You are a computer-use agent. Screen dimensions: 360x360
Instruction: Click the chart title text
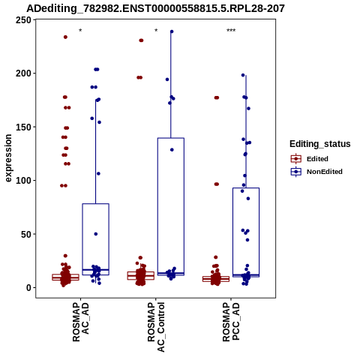155,8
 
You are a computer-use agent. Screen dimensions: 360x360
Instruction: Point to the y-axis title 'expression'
8,158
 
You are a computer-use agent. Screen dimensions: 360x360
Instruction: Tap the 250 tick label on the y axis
23,20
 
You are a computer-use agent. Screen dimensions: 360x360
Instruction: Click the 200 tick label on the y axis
23,73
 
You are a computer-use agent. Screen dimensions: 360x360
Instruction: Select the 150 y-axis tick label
23,127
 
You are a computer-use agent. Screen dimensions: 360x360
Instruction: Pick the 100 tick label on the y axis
23,181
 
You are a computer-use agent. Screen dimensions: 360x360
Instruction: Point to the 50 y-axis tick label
26,234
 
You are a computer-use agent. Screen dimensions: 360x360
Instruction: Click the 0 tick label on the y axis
29,288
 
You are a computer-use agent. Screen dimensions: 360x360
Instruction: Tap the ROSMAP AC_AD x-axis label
81,322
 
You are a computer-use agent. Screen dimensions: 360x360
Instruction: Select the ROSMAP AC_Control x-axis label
156,327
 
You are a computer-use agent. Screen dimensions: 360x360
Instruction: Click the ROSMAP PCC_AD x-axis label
231,322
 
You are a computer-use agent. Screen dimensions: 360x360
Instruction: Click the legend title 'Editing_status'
320,144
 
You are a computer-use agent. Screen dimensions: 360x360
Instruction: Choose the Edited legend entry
310,159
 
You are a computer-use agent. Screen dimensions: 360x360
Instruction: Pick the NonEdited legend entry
316,172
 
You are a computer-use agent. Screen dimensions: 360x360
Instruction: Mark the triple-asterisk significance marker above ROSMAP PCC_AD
231,31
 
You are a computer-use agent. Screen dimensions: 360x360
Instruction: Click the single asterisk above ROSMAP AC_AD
80,31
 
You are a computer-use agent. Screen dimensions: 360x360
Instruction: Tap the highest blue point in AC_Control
172,31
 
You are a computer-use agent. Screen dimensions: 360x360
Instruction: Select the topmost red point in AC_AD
65,37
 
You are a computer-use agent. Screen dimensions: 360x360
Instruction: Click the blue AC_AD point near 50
96,234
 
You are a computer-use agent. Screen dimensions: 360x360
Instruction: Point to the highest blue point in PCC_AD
243,75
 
